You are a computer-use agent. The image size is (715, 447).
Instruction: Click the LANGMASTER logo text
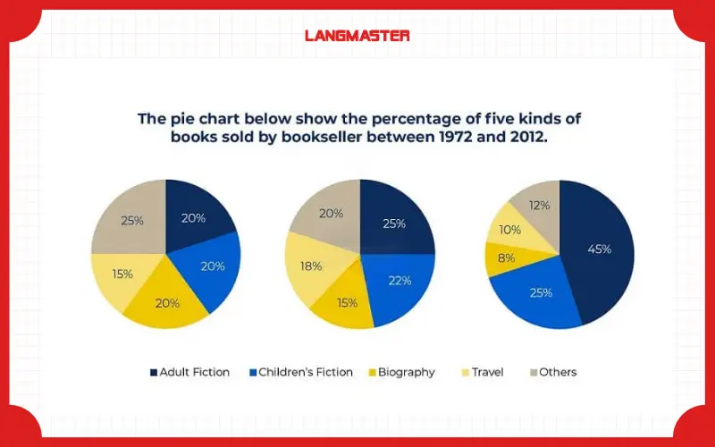click(x=357, y=36)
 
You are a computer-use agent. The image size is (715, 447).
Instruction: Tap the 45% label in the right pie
click(x=599, y=249)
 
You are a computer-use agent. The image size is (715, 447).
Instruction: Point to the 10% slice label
click(x=510, y=230)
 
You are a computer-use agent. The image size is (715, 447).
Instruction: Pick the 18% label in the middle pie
click(x=311, y=266)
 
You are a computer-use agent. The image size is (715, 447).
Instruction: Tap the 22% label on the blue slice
click(x=400, y=280)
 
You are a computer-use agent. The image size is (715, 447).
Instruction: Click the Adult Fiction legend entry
click(x=189, y=372)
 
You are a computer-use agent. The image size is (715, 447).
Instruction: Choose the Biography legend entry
click(x=400, y=372)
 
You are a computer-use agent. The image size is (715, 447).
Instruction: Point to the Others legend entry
click(x=551, y=372)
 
